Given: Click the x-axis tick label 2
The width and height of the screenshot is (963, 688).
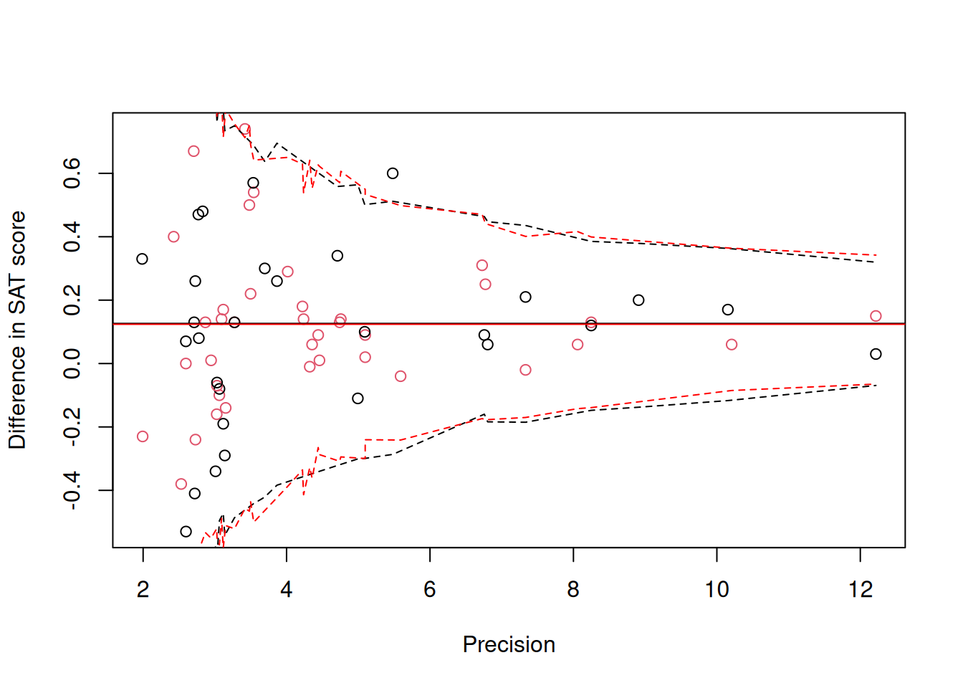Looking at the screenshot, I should pos(143,590).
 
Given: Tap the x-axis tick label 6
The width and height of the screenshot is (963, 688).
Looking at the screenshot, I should pos(430,590).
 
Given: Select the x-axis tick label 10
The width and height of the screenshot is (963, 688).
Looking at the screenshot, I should pos(717,590).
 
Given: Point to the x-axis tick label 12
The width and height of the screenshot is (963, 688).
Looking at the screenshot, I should pos(860,590).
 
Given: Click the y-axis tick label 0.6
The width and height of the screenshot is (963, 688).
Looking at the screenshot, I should pos(72,173).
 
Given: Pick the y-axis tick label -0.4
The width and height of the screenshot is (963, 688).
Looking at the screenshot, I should pos(72,490).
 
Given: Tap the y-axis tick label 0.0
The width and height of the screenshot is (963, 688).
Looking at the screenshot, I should pos(72,363).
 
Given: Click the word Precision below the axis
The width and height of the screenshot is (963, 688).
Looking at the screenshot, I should pos(509,644).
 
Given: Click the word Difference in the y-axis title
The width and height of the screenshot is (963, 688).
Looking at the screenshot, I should pos(17,388).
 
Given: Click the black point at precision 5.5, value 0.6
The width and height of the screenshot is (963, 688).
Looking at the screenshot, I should pos(393,173).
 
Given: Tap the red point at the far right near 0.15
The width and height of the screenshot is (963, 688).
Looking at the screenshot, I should pos(876,316).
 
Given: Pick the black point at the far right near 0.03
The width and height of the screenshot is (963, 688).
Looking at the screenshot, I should pos(876,354).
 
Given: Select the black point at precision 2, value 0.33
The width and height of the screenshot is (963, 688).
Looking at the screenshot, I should pos(142,259).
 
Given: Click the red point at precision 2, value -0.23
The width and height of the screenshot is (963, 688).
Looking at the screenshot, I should pos(143,436).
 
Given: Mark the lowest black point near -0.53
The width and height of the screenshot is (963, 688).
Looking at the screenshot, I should pos(186,532).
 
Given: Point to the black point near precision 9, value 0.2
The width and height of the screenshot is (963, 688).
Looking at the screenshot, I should pos(638,300).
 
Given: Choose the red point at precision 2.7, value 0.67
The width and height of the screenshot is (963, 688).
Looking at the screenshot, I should pos(193,151).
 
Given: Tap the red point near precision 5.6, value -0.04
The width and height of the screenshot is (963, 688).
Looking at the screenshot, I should pos(401,376).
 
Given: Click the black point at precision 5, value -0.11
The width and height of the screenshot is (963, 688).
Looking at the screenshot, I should pos(358,398).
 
